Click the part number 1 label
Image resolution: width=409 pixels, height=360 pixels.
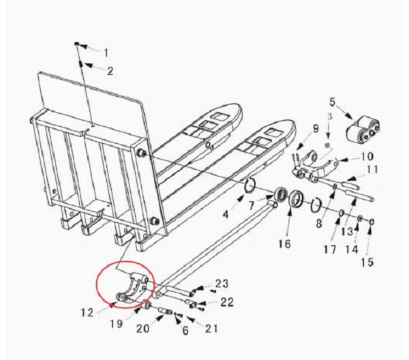tap(106, 52)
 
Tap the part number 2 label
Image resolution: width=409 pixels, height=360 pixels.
tap(110, 70)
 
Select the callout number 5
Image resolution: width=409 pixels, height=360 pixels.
tap(332, 102)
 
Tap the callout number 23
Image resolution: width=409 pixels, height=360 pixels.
tap(222, 284)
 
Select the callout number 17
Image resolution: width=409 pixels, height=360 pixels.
tap(330, 250)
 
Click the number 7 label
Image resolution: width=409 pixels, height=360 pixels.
tap(252, 205)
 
